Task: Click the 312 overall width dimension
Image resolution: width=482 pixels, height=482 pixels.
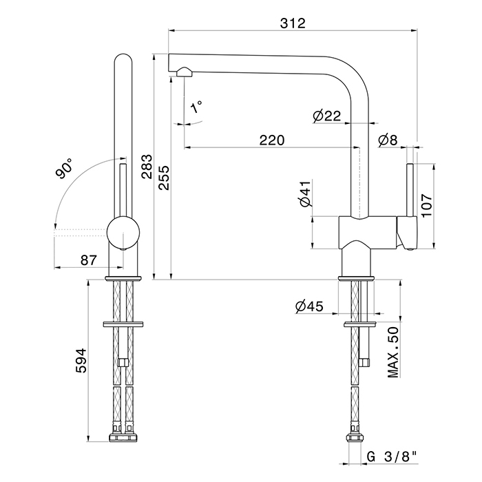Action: coord(293,23)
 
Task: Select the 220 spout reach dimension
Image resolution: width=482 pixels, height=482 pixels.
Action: coord(272,140)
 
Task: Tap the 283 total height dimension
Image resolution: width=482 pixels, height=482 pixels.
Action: coord(147,167)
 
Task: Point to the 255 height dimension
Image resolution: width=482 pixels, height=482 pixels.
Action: coord(164,178)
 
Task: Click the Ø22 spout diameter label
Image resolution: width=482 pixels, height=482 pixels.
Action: coord(327,116)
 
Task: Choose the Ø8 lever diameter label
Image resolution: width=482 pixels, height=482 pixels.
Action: coord(388,140)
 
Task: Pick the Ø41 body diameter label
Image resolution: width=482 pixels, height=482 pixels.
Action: coord(306,193)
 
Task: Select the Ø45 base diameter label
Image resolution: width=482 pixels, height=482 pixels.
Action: coord(309,306)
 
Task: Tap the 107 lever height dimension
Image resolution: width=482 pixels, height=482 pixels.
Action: coord(427,205)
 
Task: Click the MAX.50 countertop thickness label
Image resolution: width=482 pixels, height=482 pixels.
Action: coord(392,353)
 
